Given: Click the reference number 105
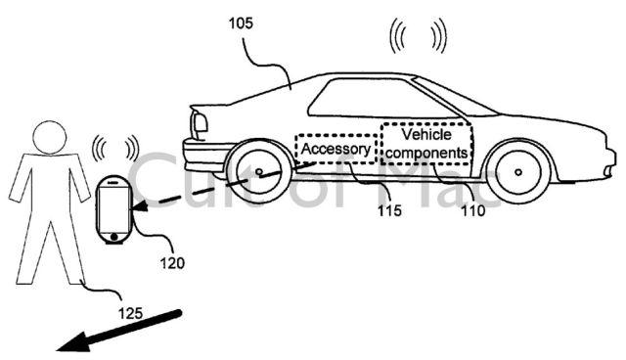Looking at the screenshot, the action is point(241,23).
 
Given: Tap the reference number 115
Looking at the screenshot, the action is point(389,210).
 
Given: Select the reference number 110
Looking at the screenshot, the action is point(473,210).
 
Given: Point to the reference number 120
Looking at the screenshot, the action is point(172,263).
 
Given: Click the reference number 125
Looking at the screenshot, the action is point(130,313).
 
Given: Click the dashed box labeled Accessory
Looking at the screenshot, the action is point(336,149).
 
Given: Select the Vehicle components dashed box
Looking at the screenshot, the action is point(426,144).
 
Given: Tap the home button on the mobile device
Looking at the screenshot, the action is point(114,237).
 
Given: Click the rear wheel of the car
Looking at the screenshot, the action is point(258,172).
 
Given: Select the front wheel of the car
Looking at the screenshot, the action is point(517,172).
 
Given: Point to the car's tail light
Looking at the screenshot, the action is point(200,122).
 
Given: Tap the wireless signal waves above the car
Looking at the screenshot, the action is point(418,36).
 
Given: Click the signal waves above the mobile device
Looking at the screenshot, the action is point(115,149).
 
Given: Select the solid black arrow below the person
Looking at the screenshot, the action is point(118,332).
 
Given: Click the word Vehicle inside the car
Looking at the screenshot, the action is point(426,134).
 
